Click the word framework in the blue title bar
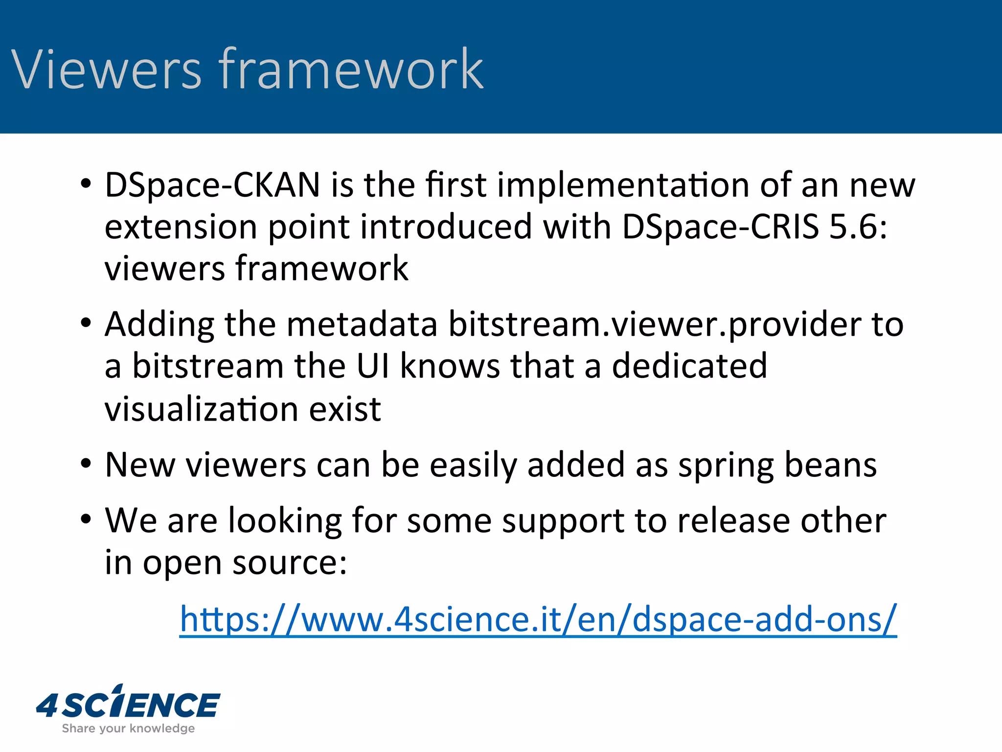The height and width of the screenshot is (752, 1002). tap(351, 70)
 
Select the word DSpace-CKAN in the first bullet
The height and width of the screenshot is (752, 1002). tap(212, 186)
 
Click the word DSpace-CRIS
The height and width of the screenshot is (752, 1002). tap(720, 227)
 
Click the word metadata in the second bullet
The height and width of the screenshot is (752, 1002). tap(362, 325)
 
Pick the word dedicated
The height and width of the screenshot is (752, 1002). tap(689, 366)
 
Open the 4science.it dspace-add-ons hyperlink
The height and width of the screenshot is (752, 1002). tap(538, 620)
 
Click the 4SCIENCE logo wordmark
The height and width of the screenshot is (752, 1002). tap(128, 704)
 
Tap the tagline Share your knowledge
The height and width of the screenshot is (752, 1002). tap(128, 728)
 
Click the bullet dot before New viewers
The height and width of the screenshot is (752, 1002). tap(86, 463)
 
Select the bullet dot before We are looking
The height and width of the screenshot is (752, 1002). tap(86, 519)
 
